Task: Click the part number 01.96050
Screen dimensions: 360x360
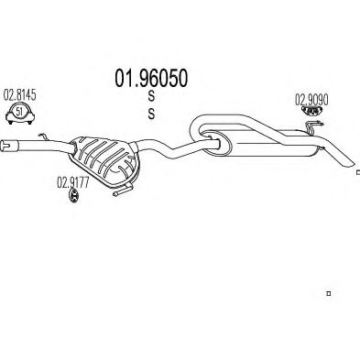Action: click(151, 78)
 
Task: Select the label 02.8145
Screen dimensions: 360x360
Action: click(19, 95)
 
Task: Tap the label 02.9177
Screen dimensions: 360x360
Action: click(73, 182)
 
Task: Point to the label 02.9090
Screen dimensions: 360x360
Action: click(311, 100)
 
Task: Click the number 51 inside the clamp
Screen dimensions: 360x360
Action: click(19, 112)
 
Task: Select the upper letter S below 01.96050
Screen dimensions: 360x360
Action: click(151, 96)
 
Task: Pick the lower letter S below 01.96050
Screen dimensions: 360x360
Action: click(151, 114)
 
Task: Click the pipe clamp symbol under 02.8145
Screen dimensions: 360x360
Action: click(20, 114)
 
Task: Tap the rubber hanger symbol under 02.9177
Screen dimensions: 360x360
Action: click(73, 195)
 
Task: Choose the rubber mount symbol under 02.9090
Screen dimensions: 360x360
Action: click(311, 111)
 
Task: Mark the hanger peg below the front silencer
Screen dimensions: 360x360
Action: click(123, 190)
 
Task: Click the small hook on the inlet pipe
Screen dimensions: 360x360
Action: click(43, 136)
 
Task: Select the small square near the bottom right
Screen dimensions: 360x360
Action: click(329, 294)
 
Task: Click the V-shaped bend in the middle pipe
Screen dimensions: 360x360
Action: click(175, 149)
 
